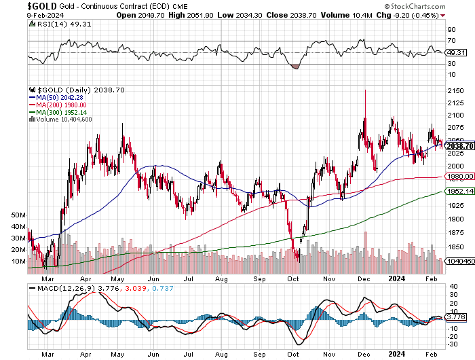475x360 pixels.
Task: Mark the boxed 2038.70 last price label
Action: point(459,145)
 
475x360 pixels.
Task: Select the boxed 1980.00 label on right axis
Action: point(459,177)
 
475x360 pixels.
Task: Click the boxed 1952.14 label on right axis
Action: point(459,192)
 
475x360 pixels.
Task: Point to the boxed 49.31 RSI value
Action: point(457,52)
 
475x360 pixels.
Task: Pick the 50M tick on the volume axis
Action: point(18,214)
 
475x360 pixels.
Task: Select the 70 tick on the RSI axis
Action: point(451,41)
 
